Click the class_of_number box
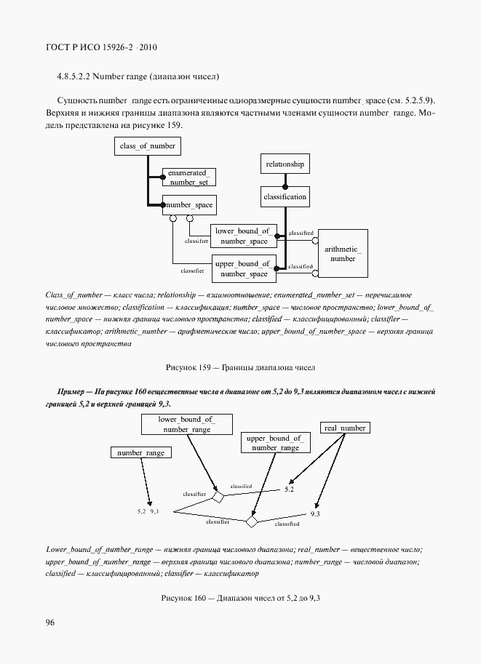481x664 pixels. coord(146,146)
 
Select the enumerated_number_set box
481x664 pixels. coord(188,177)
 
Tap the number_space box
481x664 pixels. coord(188,205)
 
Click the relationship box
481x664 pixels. coord(285,164)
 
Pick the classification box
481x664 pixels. coord(285,196)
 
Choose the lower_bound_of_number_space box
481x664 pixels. coord(244,236)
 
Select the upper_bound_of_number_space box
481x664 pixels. coord(244,268)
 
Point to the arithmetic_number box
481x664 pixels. coord(343,254)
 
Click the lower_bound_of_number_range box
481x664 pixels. coord(186,425)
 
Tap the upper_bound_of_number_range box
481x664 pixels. coord(275,444)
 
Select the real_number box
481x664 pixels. coord(345,428)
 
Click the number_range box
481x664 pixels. coord(141,452)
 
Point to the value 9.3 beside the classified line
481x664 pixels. coord(314,514)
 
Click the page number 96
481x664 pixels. coord(50,622)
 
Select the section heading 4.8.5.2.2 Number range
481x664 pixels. coord(138,76)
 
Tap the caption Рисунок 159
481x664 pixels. coord(239,368)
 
